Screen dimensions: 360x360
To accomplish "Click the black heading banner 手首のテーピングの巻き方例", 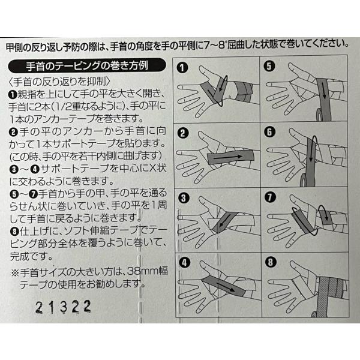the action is pyautogui.click(x=87, y=65).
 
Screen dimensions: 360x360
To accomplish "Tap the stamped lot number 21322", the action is pyautogui.click(x=63, y=307).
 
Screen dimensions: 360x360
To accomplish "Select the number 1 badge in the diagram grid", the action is pyautogui.click(x=182, y=68).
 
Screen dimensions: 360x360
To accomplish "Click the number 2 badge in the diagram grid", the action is pyautogui.click(x=183, y=133).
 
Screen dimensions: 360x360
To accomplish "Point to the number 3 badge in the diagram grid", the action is pyautogui.click(x=184, y=198).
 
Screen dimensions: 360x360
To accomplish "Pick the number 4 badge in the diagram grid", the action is pyautogui.click(x=184, y=262).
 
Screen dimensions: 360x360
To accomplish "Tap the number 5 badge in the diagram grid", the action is pyautogui.click(x=269, y=67).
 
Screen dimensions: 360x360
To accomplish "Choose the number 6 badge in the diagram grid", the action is pyautogui.click(x=270, y=132).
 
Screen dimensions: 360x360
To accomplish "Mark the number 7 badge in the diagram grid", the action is pyautogui.click(x=270, y=197).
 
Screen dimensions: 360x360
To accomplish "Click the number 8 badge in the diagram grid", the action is pyautogui.click(x=271, y=262).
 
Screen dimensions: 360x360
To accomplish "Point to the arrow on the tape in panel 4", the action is pyautogui.click(x=226, y=287).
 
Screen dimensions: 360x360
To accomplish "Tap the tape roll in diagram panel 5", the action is pyautogui.click(x=319, y=115).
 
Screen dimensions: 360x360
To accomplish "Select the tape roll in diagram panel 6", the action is pyautogui.click(x=304, y=180).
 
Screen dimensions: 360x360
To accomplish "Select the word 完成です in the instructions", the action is pyautogui.click(x=31, y=256).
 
